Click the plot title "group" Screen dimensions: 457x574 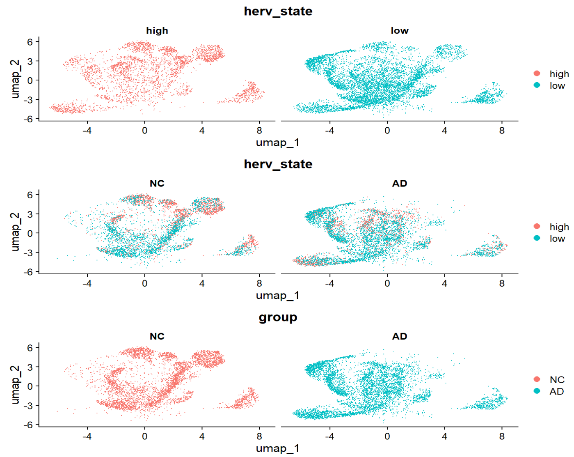click(x=278, y=317)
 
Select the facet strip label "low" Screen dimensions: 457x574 click(x=399, y=31)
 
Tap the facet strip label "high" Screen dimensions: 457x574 click(x=157, y=31)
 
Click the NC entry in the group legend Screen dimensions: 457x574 click(x=556, y=380)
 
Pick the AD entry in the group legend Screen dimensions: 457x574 click(x=556, y=391)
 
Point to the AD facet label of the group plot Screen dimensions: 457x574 click(x=399, y=336)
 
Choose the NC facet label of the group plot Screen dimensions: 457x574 click(x=157, y=336)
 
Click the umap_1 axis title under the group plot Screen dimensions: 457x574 click(x=278, y=448)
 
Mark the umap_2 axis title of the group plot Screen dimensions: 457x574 click(x=15, y=385)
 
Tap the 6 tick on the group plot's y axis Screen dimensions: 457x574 click(x=30, y=347)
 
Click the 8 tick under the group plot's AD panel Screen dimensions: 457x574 click(x=502, y=436)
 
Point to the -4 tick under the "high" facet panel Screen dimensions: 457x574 click(x=87, y=131)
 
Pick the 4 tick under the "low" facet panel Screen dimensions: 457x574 click(x=444, y=131)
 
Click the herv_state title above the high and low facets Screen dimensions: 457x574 click(x=278, y=11)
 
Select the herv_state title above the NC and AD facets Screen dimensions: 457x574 click(x=278, y=164)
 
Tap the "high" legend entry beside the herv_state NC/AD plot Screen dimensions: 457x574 click(x=559, y=227)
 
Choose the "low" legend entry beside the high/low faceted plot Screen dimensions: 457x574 click(x=557, y=85)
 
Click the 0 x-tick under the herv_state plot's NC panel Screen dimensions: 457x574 click(x=144, y=283)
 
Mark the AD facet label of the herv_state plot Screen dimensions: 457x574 click(x=399, y=184)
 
